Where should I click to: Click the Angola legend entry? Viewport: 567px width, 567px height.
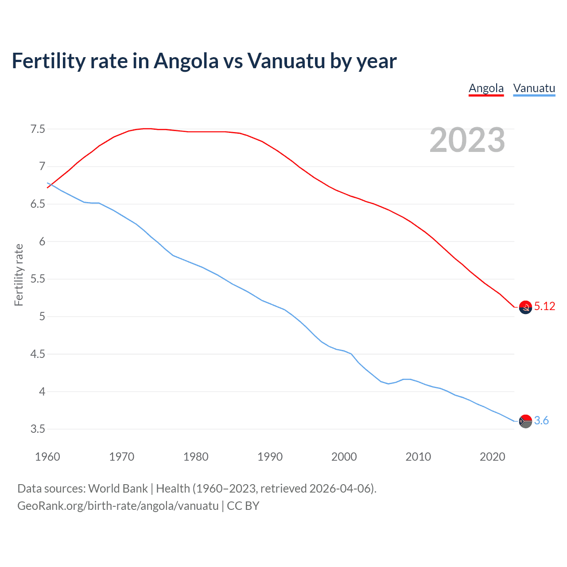click(x=486, y=88)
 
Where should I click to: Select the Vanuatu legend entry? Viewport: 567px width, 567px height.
click(x=534, y=88)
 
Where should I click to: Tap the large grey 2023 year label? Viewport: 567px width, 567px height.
click(x=467, y=140)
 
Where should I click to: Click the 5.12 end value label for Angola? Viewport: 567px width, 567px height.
click(x=544, y=306)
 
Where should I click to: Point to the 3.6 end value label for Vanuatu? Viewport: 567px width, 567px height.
click(x=541, y=420)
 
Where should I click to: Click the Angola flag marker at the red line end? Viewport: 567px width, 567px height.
click(x=525, y=307)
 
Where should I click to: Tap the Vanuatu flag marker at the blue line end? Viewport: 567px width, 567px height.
click(x=525, y=421)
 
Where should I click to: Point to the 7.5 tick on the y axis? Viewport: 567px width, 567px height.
click(x=38, y=129)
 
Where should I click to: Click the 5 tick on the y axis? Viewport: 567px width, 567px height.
click(x=42, y=317)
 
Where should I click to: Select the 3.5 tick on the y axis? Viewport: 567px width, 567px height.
click(x=38, y=429)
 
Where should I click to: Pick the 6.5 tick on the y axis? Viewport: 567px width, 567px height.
click(x=38, y=204)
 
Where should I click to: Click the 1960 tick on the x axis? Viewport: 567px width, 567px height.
click(x=47, y=457)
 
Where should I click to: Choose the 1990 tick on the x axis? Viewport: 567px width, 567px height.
click(x=270, y=457)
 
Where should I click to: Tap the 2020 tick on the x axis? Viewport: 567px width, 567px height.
click(x=492, y=457)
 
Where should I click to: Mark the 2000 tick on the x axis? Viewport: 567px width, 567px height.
click(x=344, y=457)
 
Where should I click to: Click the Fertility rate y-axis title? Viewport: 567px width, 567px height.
click(x=19, y=275)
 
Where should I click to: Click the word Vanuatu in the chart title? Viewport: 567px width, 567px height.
click(x=286, y=61)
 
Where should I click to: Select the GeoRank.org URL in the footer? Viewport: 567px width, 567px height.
click(x=118, y=506)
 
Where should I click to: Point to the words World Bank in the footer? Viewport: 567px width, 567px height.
click(x=118, y=489)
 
